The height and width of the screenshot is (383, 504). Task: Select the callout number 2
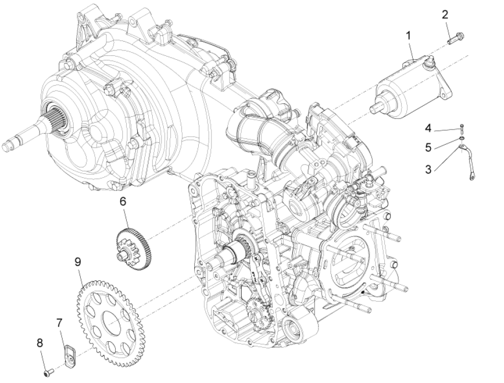(446, 15)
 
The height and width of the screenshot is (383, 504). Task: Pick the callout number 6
(123, 201)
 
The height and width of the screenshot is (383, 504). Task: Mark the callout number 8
(40, 342)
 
